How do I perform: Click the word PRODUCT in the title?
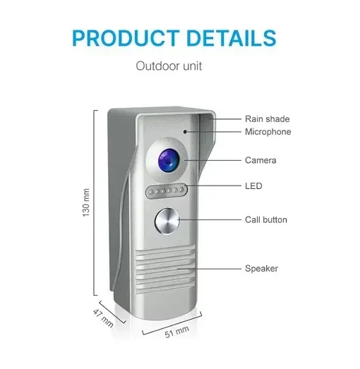pyautogui.click(x=126, y=38)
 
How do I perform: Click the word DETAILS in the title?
pyautogui.click(x=232, y=38)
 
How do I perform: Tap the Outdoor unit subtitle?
pyautogui.click(x=169, y=66)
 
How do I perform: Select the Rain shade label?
pyautogui.click(x=268, y=119)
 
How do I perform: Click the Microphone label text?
pyautogui.click(x=268, y=132)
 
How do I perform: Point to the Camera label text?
pyautogui.click(x=260, y=160)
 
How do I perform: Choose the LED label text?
pyautogui.click(x=253, y=186)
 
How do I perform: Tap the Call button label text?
pyautogui.click(x=266, y=220)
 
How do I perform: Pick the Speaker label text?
pyautogui.click(x=261, y=269)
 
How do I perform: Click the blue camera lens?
pyautogui.click(x=168, y=160)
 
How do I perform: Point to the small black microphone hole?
pyautogui.click(x=185, y=132)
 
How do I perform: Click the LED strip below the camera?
pyautogui.click(x=167, y=191)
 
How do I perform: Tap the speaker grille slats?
pyautogui.click(x=164, y=270)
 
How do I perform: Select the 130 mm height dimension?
pyautogui.click(x=86, y=202)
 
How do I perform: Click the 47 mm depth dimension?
pyautogui.click(x=103, y=318)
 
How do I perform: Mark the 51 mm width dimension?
pyautogui.click(x=176, y=332)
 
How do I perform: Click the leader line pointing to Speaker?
pyautogui.click(x=210, y=269)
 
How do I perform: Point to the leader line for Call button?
pyautogui.click(x=210, y=220)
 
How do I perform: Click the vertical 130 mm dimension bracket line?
pyautogui.click(x=95, y=202)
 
